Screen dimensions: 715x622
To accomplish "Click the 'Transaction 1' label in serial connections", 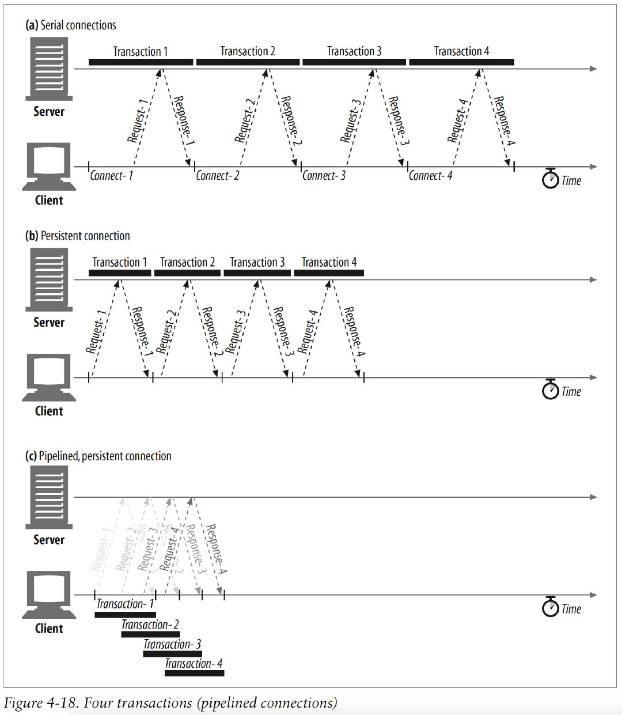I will pos(140,51).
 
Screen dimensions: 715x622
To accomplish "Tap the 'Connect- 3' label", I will pos(324,176).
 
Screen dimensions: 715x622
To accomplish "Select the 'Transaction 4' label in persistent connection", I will pos(329,262).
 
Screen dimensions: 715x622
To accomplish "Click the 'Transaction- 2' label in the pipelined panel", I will pos(150,625).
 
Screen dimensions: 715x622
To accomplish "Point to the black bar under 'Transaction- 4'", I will pos(194,673).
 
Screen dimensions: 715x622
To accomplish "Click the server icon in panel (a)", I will pos(49,69).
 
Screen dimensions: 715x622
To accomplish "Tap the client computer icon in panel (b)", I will pos(49,377).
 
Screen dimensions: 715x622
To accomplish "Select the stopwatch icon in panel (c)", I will pos(551,607).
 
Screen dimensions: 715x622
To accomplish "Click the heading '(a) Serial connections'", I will pos(71,25).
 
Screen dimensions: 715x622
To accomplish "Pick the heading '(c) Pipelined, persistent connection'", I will pos(98,456).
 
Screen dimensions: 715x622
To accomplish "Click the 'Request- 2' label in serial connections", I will pos(245,120).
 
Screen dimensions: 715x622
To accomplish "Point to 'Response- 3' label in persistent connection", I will pos(283,331).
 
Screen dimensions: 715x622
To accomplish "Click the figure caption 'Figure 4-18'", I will pos(170,703).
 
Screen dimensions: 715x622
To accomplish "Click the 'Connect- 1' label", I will pos(111,176).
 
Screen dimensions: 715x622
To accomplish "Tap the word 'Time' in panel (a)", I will pos(571,181).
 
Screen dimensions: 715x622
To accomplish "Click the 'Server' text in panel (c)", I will pos(49,540).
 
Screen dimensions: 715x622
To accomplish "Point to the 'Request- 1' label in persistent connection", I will pos(96,331).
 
